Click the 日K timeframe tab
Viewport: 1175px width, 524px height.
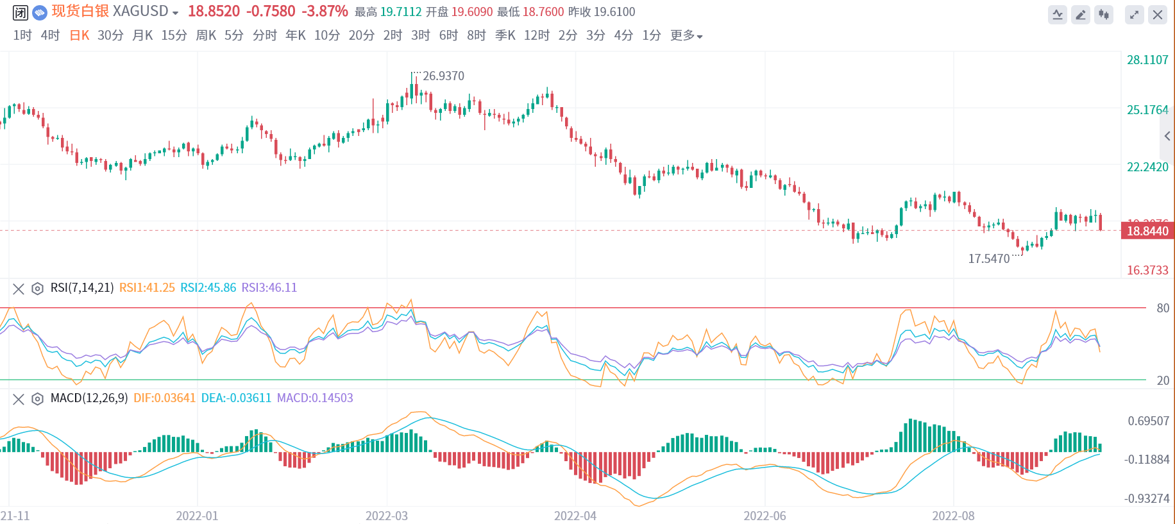pyautogui.click(x=80, y=35)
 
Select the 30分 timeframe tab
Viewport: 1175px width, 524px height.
pyautogui.click(x=110, y=35)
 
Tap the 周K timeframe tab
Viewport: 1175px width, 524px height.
pyautogui.click(x=206, y=35)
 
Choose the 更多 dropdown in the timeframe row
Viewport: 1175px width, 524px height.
pyautogui.click(x=686, y=35)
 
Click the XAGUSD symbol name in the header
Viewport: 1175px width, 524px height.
pyautogui.click(x=140, y=12)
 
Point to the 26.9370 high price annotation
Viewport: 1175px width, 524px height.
pyautogui.click(x=443, y=76)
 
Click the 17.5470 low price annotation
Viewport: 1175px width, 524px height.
pyautogui.click(x=988, y=258)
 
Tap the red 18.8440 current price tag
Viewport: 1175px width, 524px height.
pyautogui.click(x=1147, y=231)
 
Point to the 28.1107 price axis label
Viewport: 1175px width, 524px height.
pyautogui.click(x=1147, y=60)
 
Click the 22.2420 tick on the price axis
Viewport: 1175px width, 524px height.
pyautogui.click(x=1147, y=167)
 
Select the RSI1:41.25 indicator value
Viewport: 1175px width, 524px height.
pyautogui.click(x=147, y=288)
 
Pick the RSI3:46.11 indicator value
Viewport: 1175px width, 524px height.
pyautogui.click(x=269, y=288)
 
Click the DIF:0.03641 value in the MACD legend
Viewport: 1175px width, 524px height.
pyautogui.click(x=164, y=398)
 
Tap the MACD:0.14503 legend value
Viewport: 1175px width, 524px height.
pyautogui.click(x=315, y=398)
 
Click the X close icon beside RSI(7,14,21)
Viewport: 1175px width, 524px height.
pyautogui.click(x=19, y=289)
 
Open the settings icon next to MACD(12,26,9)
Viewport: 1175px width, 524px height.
pyautogui.click(x=37, y=399)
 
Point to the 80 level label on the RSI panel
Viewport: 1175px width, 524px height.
pyautogui.click(x=1163, y=308)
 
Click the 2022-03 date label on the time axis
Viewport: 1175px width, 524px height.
pyautogui.click(x=386, y=516)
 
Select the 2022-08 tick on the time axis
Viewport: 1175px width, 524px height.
pyautogui.click(x=953, y=516)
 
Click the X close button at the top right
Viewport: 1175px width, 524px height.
pyautogui.click(x=1158, y=15)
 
